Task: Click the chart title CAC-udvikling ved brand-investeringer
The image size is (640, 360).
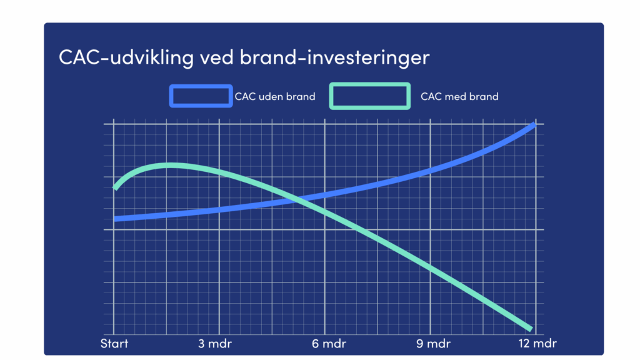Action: (244, 57)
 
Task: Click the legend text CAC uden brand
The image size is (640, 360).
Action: (275, 97)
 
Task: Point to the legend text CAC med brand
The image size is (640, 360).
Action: (459, 97)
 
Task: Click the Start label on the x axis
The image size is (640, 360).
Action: (114, 344)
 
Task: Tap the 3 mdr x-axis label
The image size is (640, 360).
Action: (215, 344)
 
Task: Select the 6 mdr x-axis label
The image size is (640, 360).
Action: (329, 344)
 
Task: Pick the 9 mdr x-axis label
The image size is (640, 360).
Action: (434, 344)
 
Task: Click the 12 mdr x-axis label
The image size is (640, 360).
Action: (537, 344)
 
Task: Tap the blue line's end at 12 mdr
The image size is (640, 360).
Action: (534, 125)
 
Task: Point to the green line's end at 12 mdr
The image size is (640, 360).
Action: (530, 328)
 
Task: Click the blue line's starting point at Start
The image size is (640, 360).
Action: (115, 219)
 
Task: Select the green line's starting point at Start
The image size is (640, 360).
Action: (115, 187)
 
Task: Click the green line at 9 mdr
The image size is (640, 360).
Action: (430, 267)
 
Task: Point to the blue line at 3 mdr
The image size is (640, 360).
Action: (219, 210)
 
